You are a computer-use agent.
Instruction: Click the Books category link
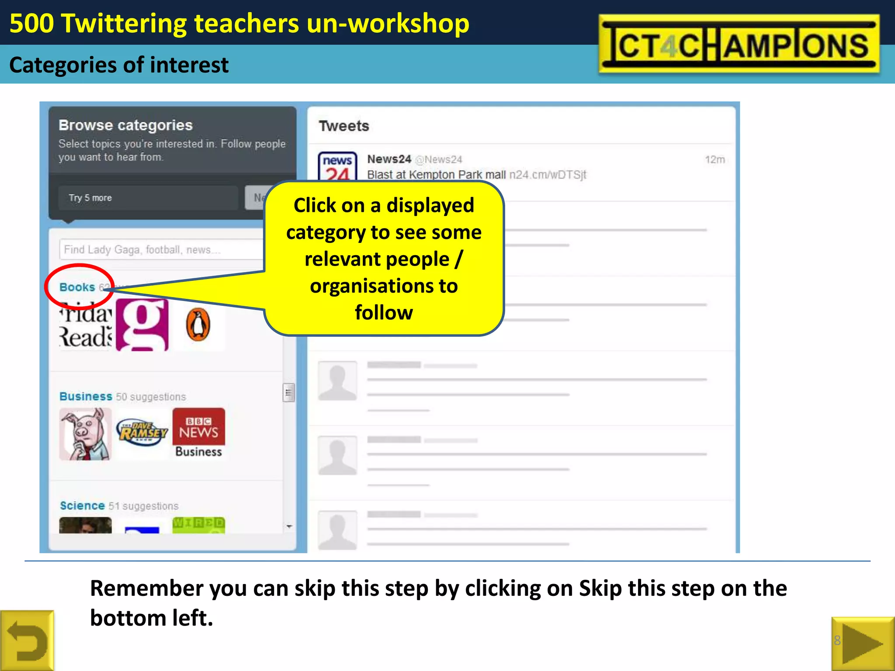tap(77, 287)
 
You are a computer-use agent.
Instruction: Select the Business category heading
tap(86, 396)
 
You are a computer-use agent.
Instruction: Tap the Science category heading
tap(82, 505)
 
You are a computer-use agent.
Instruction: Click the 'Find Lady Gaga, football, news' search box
tap(162, 249)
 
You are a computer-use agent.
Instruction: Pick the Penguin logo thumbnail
tap(198, 325)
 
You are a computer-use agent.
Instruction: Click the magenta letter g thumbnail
tap(142, 325)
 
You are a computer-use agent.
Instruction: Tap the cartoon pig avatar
tap(86, 434)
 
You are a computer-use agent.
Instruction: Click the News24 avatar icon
tap(337, 167)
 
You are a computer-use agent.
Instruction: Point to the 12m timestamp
tap(715, 159)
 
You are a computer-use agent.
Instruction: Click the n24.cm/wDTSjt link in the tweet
tap(548, 175)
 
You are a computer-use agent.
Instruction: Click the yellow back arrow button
tap(27, 641)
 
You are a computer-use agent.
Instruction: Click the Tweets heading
tap(344, 126)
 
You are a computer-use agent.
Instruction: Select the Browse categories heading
tap(125, 125)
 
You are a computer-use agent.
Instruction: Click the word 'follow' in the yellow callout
tap(384, 313)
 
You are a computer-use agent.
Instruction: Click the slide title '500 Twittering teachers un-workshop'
tap(239, 23)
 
